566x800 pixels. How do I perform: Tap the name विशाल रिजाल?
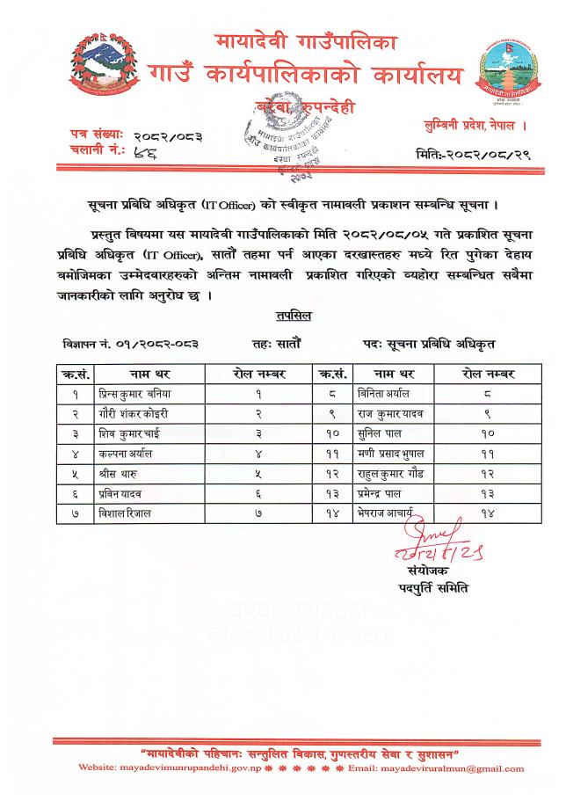124,513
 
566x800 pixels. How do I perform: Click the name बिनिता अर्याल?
378,393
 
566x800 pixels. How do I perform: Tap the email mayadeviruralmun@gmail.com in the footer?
451,768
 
